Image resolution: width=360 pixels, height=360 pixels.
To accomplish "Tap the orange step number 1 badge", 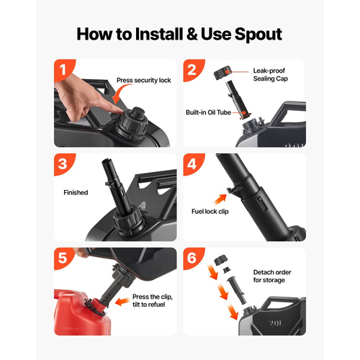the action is click(63, 70).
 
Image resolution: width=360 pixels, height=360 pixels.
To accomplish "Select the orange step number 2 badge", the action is click(192, 70).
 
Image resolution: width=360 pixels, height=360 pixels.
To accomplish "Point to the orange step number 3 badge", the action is click(63, 164).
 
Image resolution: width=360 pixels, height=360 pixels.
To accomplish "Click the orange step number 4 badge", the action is click(192, 164).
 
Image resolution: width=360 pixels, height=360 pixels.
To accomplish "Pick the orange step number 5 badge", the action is click(63, 258).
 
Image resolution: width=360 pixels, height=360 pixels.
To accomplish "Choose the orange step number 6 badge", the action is click(192, 258).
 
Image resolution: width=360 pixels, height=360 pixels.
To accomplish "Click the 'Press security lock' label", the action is click(144, 81).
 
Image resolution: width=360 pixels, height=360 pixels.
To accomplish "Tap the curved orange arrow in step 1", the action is click(121, 92).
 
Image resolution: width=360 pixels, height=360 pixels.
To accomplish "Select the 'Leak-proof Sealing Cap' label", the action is click(271, 75).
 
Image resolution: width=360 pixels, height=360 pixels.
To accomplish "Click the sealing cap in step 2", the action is click(222, 73).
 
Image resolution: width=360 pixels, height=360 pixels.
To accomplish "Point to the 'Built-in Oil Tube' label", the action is click(208, 112).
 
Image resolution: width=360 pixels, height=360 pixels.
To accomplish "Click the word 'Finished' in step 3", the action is click(76, 192).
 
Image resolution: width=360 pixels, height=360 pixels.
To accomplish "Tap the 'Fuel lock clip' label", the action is click(210, 212).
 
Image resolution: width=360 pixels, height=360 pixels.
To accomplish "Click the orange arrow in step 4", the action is click(220, 199).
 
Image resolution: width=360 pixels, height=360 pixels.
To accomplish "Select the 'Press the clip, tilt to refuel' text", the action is click(153, 301).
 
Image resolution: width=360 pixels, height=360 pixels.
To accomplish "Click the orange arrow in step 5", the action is click(122, 302).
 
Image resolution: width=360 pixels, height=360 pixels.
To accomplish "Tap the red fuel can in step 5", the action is click(81, 313).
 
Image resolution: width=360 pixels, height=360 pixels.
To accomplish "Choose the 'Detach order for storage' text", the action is click(272, 276).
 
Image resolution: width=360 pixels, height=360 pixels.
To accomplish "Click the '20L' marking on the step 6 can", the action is click(276, 323).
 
